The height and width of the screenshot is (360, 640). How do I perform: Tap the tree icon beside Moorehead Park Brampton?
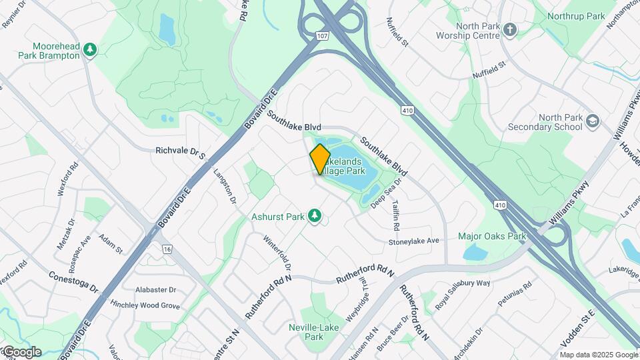pos(91,49)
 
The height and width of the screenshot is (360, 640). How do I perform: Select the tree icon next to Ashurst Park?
pos(314,216)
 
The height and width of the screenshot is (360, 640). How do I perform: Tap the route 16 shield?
pos(166,249)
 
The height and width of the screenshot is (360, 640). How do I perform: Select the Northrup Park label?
pos(575,16)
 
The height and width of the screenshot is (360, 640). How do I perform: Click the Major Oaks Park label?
pos(492,236)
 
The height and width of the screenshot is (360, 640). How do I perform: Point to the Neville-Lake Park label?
pos(314,331)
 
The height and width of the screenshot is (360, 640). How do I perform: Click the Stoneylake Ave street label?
pos(414,241)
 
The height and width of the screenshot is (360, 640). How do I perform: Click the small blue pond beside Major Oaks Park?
pos(474,253)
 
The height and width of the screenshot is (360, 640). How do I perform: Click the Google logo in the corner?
pos(21,352)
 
